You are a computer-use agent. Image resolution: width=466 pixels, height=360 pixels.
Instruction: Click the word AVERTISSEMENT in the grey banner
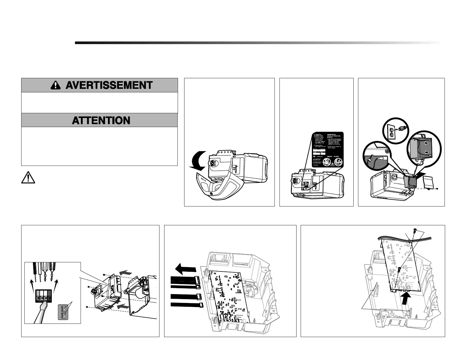point(109,85)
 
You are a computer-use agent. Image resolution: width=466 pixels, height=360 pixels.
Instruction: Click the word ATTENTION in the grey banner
point(101,121)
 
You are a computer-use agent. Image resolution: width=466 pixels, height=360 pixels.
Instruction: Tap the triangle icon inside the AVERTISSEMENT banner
point(55,85)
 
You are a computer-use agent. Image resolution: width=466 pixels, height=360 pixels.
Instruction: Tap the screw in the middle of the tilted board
point(399,269)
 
